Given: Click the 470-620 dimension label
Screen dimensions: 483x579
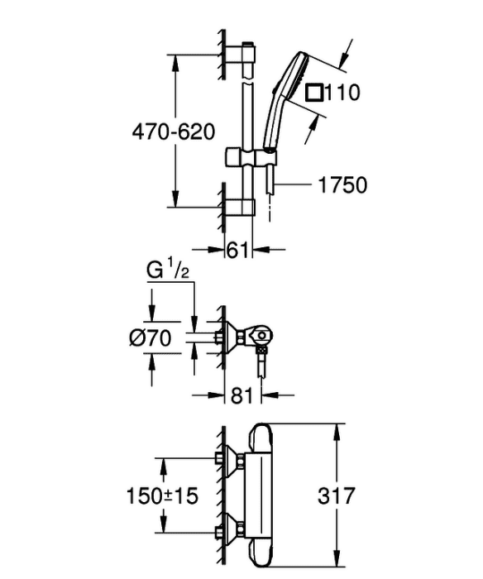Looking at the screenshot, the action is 174,132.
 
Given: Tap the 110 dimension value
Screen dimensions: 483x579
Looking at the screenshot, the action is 342,93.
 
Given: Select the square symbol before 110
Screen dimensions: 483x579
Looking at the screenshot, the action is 314,93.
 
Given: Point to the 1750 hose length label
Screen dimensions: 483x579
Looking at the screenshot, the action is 342,184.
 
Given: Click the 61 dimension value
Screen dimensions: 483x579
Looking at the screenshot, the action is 237,251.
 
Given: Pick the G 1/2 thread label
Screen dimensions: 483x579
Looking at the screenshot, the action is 168,270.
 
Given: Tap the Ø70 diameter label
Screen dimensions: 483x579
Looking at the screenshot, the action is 151,337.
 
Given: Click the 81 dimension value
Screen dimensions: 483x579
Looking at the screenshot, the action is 242,396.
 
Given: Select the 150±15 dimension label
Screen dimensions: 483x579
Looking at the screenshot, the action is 162,495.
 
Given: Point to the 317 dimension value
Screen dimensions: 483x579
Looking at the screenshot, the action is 336,495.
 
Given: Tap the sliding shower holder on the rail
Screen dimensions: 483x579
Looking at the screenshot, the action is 245,158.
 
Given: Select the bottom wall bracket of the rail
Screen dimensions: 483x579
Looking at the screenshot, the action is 240,207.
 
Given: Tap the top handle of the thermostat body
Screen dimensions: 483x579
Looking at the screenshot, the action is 261,438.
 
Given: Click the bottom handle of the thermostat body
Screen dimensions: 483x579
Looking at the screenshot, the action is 261,555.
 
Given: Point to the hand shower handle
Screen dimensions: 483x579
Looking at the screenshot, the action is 274,122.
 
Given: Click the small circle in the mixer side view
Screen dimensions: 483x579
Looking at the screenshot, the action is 262,336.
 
